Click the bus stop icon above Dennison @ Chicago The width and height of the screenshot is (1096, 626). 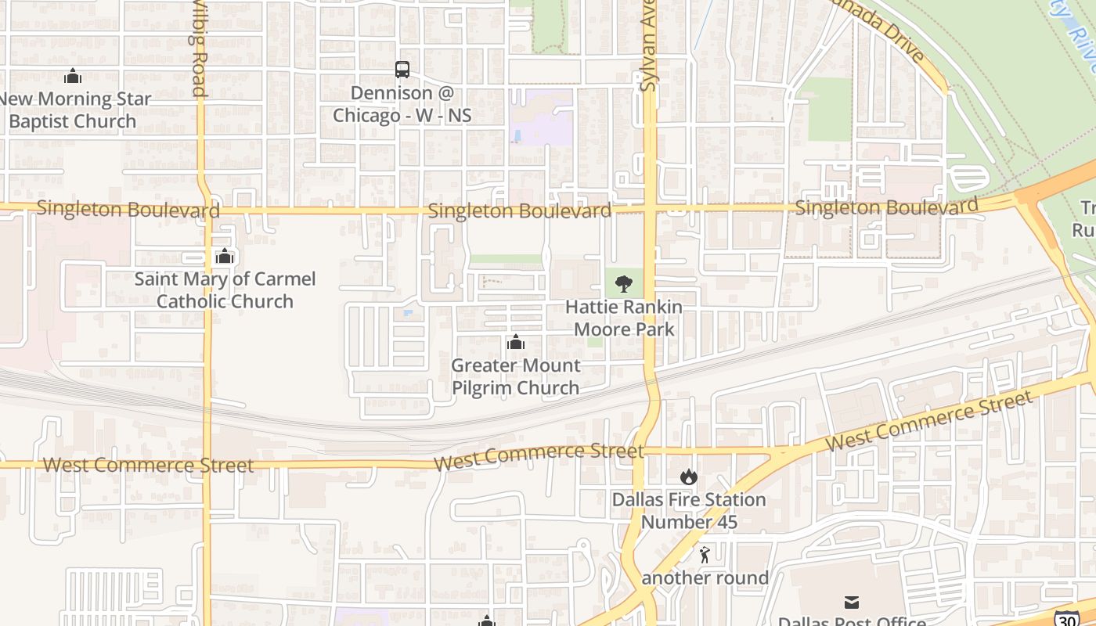[x=402, y=70]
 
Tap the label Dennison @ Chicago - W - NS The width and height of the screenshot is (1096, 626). [x=402, y=104]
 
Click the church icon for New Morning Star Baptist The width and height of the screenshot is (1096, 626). [x=73, y=76]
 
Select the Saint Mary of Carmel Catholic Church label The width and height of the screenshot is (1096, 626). [x=225, y=290]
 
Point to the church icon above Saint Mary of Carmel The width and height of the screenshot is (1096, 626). [x=225, y=256]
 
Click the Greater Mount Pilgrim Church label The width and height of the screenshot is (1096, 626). [x=515, y=376]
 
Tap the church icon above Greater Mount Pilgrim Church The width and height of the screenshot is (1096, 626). [x=515, y=342]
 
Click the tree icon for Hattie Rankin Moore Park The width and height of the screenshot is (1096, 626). [x=624, y=283]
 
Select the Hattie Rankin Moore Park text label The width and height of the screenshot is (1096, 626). [x=624, y=318]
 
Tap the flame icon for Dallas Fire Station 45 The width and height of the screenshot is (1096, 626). [x=689, y=477]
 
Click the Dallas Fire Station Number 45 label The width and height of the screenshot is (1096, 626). [x=689, y=510]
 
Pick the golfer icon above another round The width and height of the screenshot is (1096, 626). [x=705, y=555]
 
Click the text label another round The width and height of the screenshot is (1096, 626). [x=705, y=578]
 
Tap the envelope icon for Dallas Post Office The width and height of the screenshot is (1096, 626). [x=852, y=602]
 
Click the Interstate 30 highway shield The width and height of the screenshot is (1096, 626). [x=1065, y=618]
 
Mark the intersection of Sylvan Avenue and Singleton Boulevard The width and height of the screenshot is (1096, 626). [x=650, y=209]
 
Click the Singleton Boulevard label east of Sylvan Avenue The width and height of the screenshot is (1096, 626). [x=886, y=207]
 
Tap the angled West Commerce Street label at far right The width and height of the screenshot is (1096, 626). [x=929, y=421]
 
